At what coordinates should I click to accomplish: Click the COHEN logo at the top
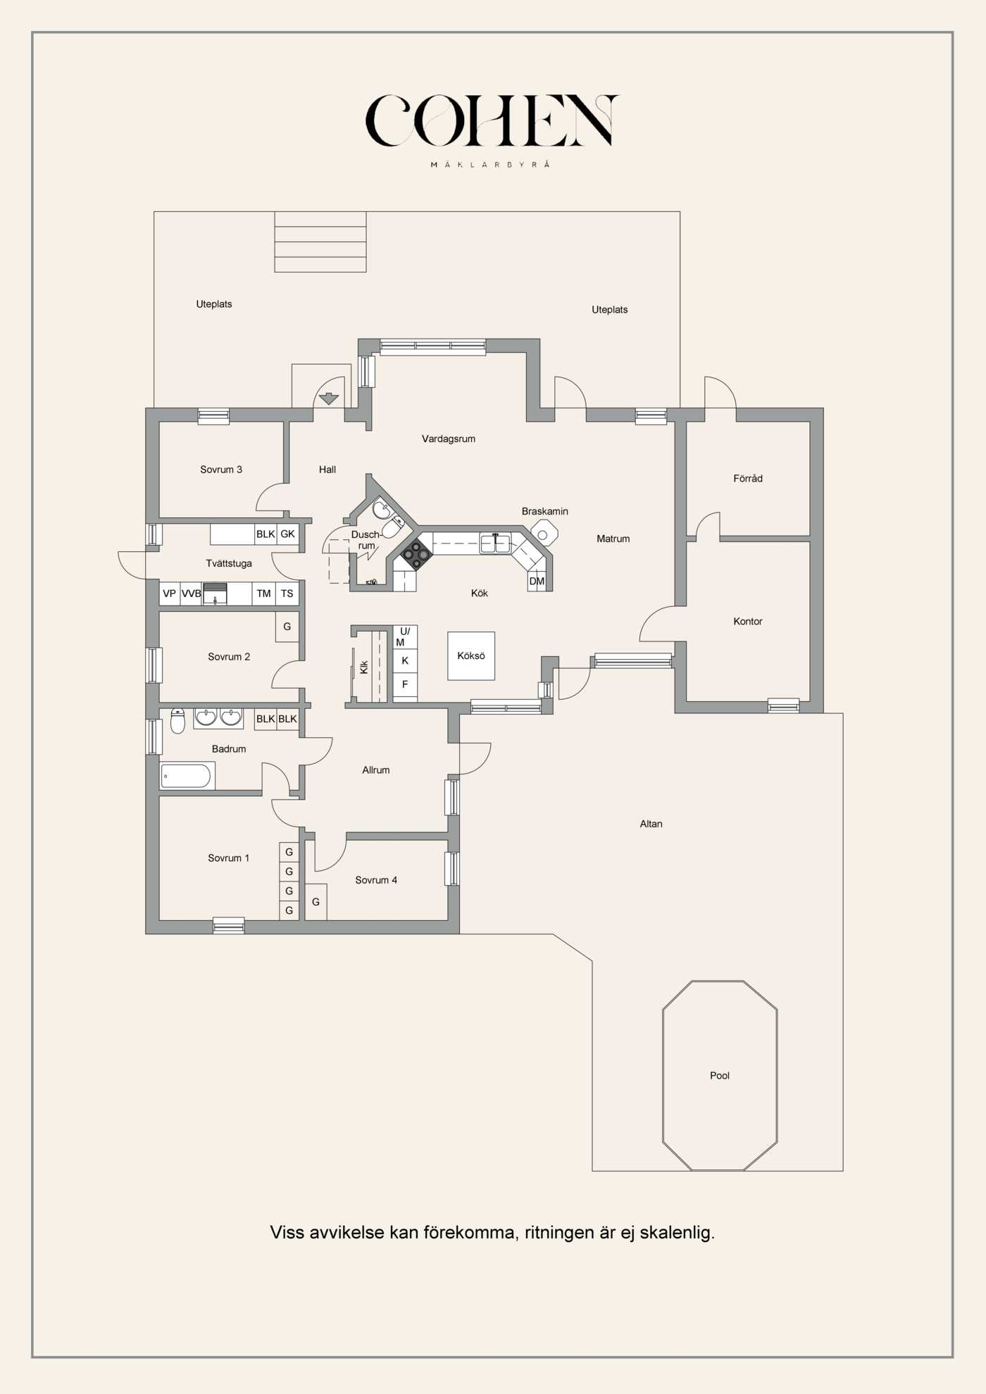click(x=491, y=121)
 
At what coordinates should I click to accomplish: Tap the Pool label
click(x=719, y=1075)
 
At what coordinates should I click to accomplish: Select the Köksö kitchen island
click(x=471, y=655)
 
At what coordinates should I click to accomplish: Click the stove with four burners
click(x=416, y=555)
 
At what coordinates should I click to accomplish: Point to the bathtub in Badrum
click(x=186, y=776)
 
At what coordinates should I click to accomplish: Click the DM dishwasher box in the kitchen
click(x=537, y=581)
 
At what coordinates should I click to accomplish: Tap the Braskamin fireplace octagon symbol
click(x=544, y=532)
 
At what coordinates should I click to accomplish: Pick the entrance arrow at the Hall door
click(x=328, y=398)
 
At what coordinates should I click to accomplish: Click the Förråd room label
click(x=747, y=478)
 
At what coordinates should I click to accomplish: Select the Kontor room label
click(x=747, y=621)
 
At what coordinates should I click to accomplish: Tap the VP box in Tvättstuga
click(x=170, y=594)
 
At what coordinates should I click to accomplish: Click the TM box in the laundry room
click(x=263, y=594)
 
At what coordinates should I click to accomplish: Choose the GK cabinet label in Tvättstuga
click(x=287, y=534)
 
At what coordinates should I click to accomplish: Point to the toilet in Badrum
click(x=177, y=721)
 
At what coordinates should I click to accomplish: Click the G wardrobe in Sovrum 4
click(x=316, y=901)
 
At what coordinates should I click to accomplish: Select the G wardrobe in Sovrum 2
click(x=287, y=626)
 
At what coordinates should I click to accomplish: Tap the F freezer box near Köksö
click(x=405, y=684)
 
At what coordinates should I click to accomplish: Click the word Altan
click(x=651, y=824)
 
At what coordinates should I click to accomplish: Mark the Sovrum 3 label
click(x=221, y=470)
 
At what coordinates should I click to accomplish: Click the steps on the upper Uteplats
click(x=320, y=241)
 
